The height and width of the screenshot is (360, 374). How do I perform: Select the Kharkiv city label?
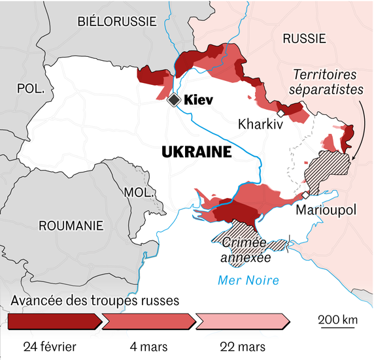tap(260, 123)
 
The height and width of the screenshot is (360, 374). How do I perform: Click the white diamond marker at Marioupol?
tap(305, 195)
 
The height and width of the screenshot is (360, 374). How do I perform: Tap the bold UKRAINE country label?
tap(196, 152)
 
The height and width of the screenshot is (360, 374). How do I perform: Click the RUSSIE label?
tap(304, 39)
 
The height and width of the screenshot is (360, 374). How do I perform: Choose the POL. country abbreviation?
tap(30, 88)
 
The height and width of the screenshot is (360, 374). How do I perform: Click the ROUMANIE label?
tap(71, 225)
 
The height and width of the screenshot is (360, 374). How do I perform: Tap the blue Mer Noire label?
tap(247, 280)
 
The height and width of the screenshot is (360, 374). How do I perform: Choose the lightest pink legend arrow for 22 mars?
tap(243, 321)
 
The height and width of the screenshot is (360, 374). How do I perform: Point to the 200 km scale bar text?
tap(338, 320)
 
